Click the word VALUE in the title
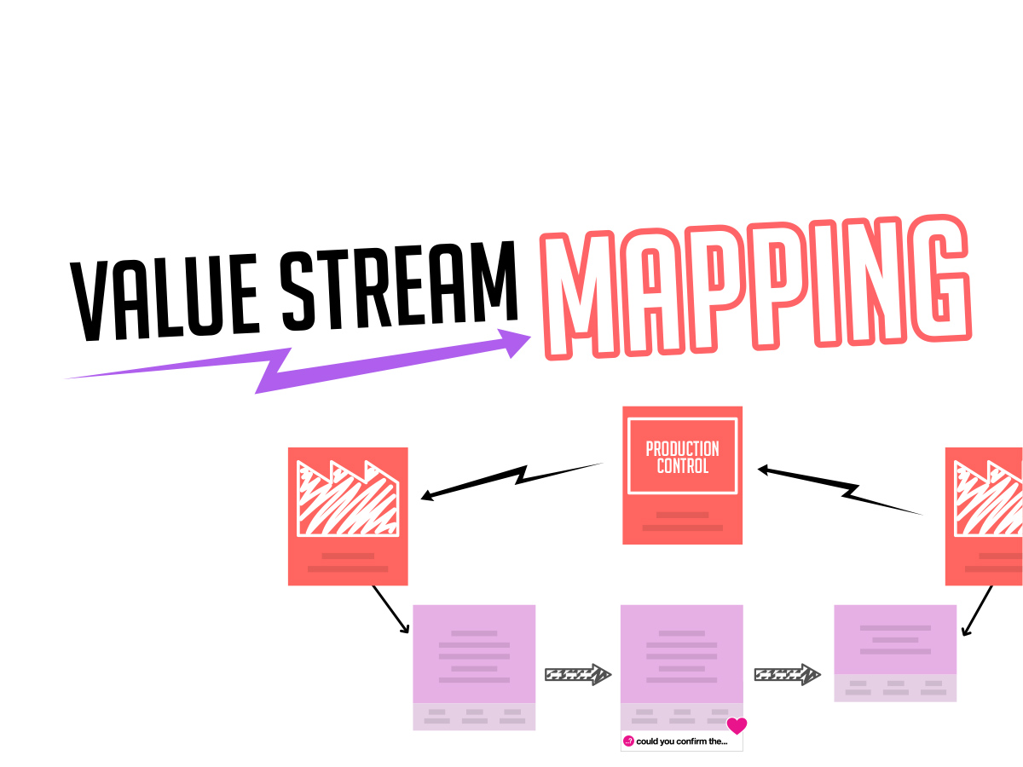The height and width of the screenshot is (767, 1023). (164, 298)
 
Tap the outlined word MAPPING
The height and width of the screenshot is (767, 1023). (755, 287)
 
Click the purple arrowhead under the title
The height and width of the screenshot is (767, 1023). (515, 343)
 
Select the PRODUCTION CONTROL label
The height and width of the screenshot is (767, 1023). (682, 458)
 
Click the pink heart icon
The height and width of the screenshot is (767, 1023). (737, 725)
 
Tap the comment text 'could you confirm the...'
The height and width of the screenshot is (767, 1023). (681, 741)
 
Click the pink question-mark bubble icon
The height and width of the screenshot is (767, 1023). (628, 741)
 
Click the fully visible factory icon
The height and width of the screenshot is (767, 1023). (348, 499)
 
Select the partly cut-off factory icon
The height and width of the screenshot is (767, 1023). (988, 499)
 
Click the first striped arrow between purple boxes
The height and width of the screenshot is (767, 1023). (578, 674)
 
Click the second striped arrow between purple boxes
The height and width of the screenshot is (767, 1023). (787, 674)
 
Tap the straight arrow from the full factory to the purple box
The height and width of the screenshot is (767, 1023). (390, 609)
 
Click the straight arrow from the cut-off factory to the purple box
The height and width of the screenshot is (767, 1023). (977, 610)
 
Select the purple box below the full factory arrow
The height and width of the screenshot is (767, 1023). (474, 667)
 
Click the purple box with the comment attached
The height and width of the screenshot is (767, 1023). (681, 667)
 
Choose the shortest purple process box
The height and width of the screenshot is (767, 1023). (895, 653)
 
